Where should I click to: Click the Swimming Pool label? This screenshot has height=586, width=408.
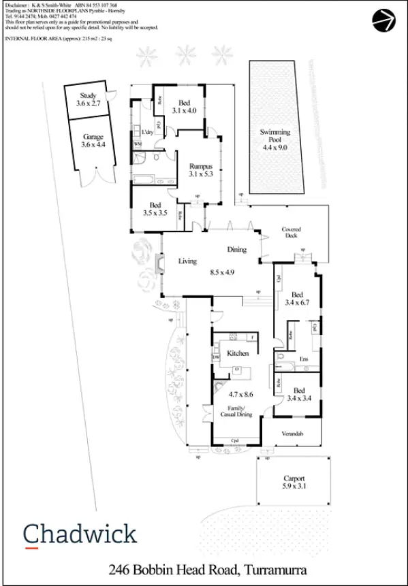275,138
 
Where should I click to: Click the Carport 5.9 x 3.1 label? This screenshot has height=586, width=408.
294,483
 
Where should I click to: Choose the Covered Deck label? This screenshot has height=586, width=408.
292,233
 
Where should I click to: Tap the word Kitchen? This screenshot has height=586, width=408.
238,353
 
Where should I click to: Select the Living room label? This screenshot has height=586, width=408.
187,261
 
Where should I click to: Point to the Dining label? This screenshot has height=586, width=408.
236,250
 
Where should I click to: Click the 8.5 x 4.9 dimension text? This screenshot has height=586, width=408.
222,272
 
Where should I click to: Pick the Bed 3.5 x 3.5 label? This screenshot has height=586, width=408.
155,209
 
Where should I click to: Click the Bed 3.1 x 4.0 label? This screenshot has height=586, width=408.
184,106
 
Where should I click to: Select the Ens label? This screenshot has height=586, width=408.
304,359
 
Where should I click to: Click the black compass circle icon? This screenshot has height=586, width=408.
383,21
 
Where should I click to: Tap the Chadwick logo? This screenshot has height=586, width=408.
80,534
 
